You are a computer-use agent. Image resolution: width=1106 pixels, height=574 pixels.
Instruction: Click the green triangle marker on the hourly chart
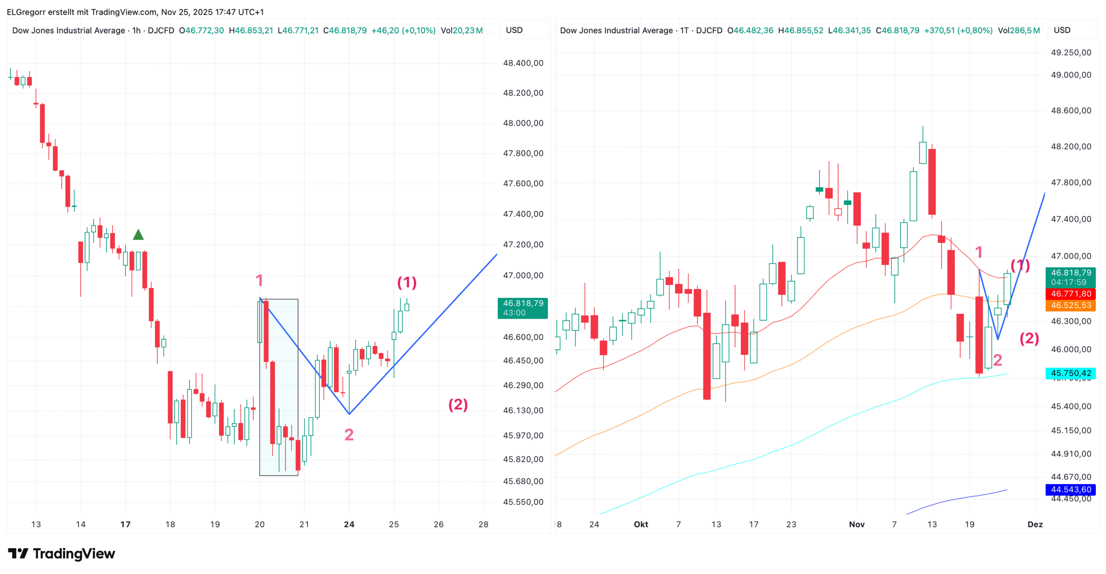(x=138, y=235)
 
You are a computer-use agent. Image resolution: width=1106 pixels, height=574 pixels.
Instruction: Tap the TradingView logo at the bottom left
(x=61, y=554)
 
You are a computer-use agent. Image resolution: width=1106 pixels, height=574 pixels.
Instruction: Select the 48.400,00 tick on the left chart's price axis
(x=523, y=63)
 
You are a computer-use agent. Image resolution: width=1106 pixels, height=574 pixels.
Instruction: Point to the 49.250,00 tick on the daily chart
(x=1071, y=53)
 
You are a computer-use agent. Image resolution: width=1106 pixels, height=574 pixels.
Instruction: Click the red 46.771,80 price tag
(x=1071, y=294)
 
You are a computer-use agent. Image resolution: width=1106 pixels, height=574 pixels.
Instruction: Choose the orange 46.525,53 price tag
(x=1071, y=305)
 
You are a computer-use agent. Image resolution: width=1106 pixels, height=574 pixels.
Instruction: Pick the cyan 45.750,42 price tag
(x=1071, y=373)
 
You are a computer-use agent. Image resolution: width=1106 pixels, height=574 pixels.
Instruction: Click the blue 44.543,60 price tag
(x=1071, y=489)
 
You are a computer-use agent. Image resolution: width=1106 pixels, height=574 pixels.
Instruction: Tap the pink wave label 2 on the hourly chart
(x=349, y=435)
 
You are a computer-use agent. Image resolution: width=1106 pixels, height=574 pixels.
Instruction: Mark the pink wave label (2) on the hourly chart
(x=458, y=404)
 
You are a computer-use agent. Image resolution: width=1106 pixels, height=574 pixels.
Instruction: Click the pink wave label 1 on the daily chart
(x=979, y=252)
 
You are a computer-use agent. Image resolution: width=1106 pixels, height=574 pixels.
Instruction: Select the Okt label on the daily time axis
(x=641, y=524)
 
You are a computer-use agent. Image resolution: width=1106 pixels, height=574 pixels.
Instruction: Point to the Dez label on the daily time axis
(x=1035, y=524)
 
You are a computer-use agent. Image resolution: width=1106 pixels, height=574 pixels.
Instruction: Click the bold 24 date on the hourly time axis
(x=349, y=524)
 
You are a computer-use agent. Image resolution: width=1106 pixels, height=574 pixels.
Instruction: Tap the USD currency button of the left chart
(x=514, y=30)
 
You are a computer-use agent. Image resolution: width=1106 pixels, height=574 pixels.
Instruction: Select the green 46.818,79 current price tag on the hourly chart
(x=522, y=308)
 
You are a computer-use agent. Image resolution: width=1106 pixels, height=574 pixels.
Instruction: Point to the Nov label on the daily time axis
(x=856, y=524)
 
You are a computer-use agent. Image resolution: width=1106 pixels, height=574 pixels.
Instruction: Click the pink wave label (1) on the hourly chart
(x=407, y=282)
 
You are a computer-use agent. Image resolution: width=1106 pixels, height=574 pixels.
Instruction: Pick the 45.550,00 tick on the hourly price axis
(x=523, y=502)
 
